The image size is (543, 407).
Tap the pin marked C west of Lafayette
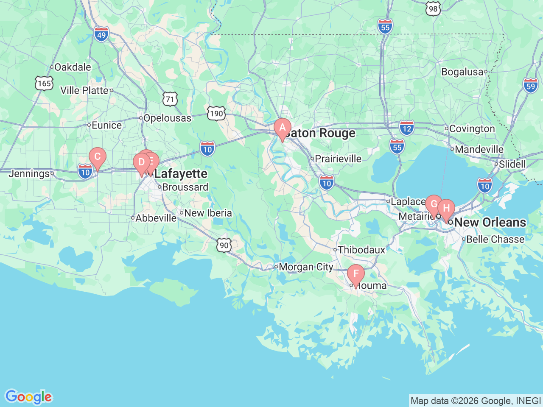click(x=97, y=157)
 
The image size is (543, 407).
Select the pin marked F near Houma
click(x=356, y=274)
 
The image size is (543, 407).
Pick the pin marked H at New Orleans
click(x=446, y=209)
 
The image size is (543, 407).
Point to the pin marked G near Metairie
click(x=434, y=204)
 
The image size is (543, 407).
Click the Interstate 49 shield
click(x=101, y=34)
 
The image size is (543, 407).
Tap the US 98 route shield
click(x=433, y=9)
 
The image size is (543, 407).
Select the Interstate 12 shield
click(x=406, y=128)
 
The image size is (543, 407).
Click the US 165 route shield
click(x=44, y=83)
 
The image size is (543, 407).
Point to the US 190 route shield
click(x=216, y=113)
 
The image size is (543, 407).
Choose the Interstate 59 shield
click(x=530, y=86)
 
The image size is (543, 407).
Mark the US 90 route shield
click(x=224, y=245)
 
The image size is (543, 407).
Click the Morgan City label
click(x=306, y=267)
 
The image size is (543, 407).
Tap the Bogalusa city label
click(x=462, y=72)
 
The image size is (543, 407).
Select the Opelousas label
click(x=167, y=118)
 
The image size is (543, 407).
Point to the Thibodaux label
click(x=361, y=250)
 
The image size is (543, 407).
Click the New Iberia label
click(x=208, y=213)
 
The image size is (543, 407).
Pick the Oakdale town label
click(x=73, y=67)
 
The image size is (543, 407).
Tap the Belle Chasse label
click(x=495, y=239)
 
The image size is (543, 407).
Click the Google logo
click(x=28, y=397)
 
